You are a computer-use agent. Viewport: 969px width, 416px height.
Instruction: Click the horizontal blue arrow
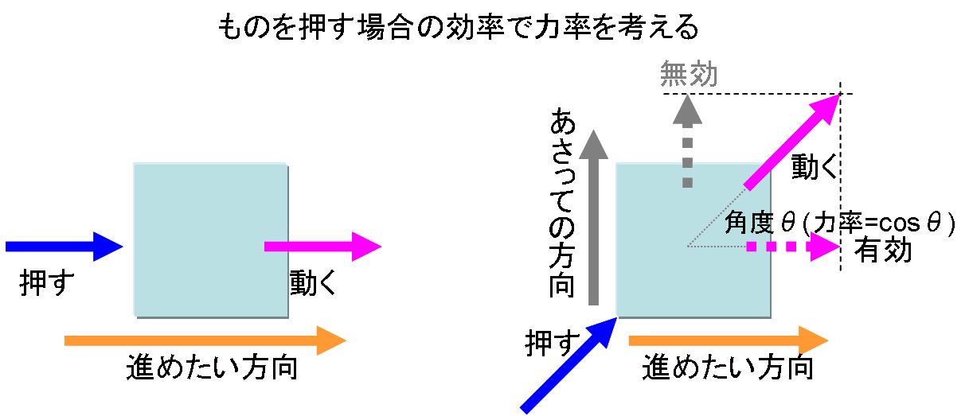pos(64,247)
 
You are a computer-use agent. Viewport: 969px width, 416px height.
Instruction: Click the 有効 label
pos(882,251)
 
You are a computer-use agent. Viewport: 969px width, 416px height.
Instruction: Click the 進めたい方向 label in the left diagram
pos(212,368)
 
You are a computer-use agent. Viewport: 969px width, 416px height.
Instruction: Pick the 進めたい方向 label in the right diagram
pos(728,368)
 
